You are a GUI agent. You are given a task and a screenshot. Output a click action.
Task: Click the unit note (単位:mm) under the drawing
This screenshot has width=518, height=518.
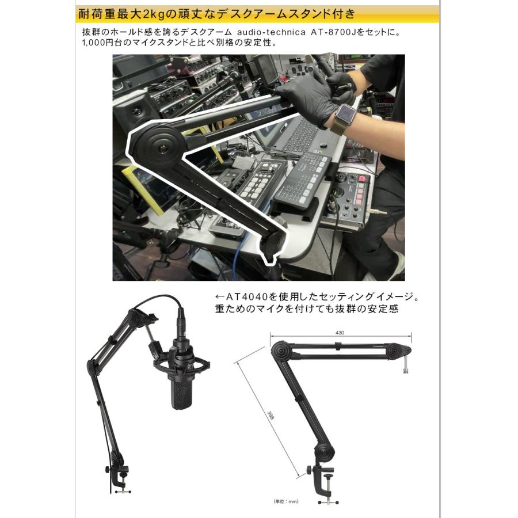285,501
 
